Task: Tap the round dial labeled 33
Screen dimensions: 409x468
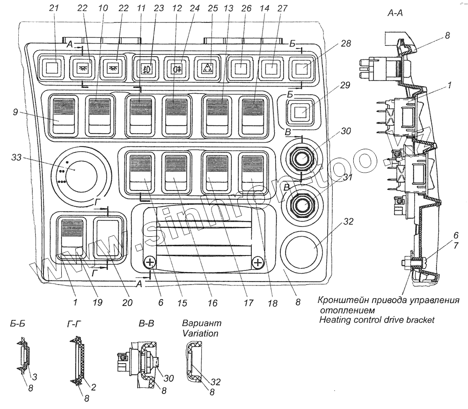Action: (80, 175)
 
